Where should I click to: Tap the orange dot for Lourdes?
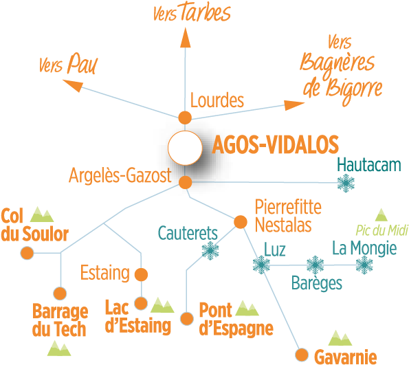(185, 118)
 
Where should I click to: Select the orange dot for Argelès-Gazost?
(186, 182)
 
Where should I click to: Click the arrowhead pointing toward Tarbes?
(186, 37)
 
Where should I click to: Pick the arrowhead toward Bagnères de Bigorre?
(294, 105)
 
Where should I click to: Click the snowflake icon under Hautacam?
(346, 183)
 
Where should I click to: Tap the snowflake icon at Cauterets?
(210, 251)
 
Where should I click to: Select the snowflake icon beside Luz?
(261, 265)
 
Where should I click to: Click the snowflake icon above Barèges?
(315, 265)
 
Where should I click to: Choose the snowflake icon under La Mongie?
(364, 265)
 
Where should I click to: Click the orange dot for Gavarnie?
(302, 355)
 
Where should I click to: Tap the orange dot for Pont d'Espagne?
(187, 318)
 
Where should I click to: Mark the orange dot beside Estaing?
(141, 274)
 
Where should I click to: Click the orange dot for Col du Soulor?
(27, 253)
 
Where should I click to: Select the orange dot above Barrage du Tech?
(60, 294)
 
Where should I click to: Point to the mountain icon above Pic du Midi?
(382, 215)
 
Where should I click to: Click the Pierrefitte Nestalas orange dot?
(240, 222)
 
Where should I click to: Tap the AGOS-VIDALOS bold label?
(275, 144)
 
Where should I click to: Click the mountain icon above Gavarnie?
(340, 338)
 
